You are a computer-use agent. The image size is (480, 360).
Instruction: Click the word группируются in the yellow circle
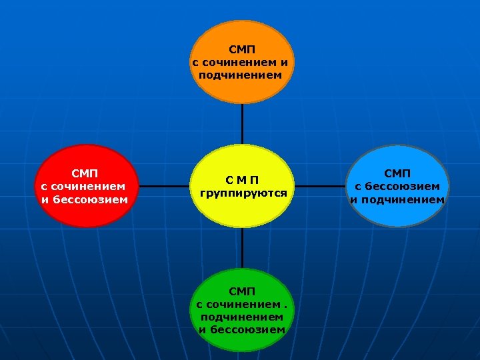click(243, 193)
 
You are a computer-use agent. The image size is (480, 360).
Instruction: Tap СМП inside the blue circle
click(397, 173)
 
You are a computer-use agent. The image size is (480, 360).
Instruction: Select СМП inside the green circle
click(241, 291)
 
